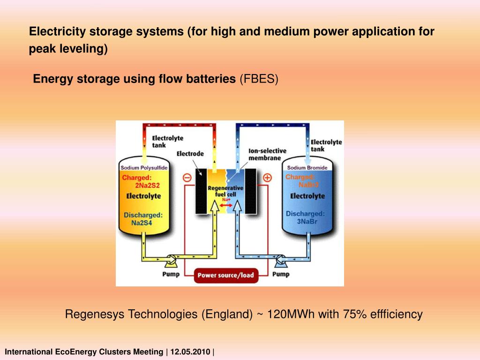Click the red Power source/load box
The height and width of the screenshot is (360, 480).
click(225, 275)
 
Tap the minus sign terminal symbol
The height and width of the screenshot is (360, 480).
click(186, 178)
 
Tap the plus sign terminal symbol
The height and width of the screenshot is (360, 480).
click(267, 178)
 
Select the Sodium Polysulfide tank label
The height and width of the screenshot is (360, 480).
click(144, 168)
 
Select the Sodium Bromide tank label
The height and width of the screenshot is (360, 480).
click(307, 168)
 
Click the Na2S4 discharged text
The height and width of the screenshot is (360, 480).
click(142, 223)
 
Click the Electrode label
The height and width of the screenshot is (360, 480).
click(190, 153)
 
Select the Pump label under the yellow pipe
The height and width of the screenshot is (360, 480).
click(171, 274)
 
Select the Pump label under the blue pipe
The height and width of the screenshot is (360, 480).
click(281, 274)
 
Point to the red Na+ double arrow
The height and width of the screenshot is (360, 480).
click(226, 204)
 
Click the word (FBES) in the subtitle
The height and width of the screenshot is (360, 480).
click(259, 79)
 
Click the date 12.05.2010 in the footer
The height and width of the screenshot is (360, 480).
click(190, 352)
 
